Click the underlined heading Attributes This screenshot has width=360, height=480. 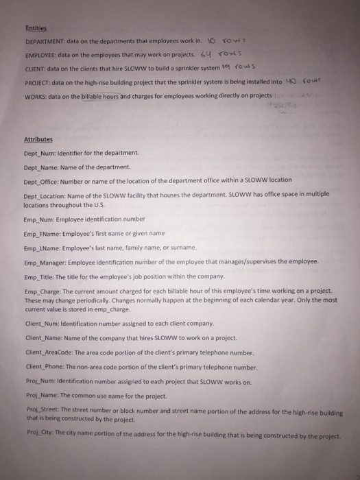click(x=38, y=139)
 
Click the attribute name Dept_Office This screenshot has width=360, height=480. click(x=40, y=180)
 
